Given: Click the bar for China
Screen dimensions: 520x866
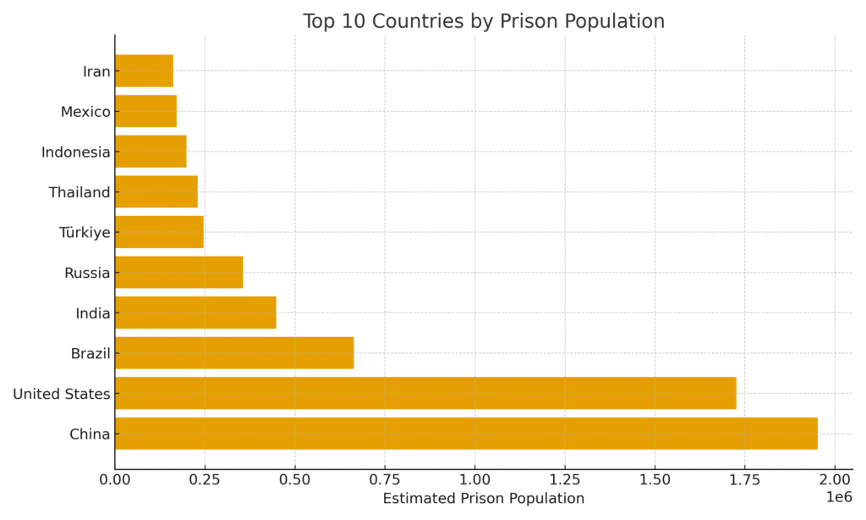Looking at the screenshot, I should tap(466, 434).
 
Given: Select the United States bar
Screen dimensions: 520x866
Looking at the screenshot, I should tap(425, 393).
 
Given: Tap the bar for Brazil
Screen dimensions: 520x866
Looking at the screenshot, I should tap(234, 352).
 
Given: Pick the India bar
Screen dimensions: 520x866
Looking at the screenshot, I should tap(195, 313).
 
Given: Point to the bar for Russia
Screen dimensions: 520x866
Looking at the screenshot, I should tap(178, 273).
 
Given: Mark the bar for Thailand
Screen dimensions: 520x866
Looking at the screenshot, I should tap(156, 191).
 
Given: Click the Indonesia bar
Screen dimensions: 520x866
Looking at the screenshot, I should tap(151, 152).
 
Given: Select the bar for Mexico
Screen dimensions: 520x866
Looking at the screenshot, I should tap(145, 111).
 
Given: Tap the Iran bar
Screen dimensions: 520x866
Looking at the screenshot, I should tap(144, 70).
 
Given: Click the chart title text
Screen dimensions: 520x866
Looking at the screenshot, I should tap(484, 21).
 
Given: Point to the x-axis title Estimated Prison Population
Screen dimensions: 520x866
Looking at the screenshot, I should tap(484, 499).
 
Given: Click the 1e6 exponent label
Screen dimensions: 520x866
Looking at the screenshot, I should tap(838, 497).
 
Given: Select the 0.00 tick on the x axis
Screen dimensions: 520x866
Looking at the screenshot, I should tap(115, 479).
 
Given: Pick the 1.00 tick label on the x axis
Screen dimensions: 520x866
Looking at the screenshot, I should tap(474, 479).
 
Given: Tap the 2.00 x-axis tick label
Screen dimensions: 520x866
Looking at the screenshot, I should tap(835, 479).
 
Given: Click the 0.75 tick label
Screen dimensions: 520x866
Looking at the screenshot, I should tap(385, 479).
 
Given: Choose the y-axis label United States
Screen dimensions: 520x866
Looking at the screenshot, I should tap(62, 394).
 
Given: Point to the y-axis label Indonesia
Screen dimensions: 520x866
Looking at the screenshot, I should tap(76, 152).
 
